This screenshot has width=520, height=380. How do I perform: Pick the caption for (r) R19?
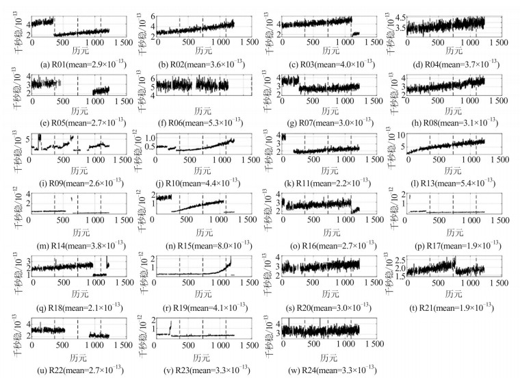(x=197, y=307)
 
